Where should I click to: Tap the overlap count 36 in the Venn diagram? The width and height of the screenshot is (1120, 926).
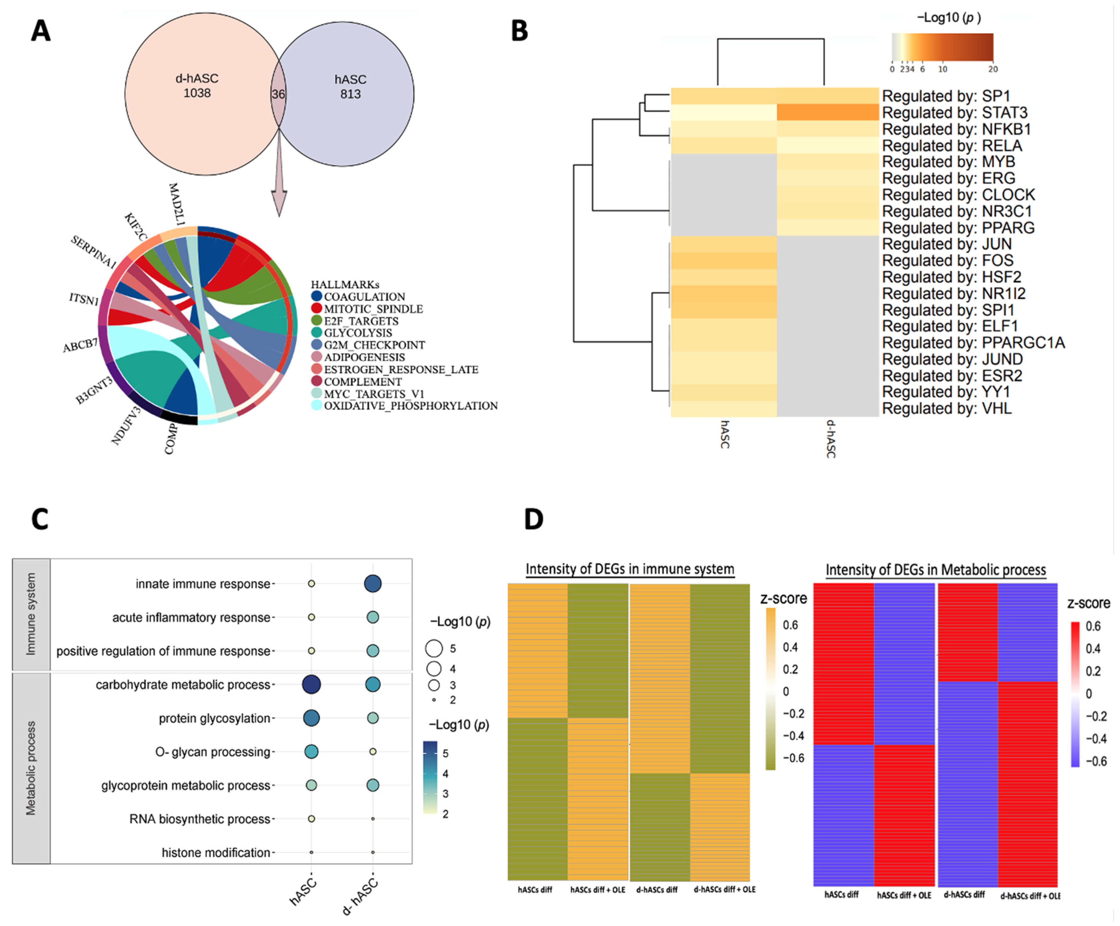coord(278,94)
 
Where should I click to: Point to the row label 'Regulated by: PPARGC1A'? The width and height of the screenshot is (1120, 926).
coord(973,342)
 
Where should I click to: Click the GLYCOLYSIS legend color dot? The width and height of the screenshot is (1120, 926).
coord(317,333)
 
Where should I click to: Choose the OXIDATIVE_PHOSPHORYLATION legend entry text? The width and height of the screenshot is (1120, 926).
coord(411,406)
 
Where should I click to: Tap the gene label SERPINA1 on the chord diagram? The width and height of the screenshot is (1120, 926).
coord(93,252)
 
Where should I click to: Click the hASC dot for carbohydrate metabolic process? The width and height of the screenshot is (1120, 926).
coord(312,684)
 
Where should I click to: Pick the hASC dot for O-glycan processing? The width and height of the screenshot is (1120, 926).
coord(312,751)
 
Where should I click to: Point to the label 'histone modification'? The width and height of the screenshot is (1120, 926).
coord(216,852)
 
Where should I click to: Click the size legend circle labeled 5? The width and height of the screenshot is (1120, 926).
coord(434,649)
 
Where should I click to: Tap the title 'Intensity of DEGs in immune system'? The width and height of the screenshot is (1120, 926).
coord(630,569)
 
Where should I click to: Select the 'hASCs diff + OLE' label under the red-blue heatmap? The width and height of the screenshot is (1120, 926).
coord(904,895)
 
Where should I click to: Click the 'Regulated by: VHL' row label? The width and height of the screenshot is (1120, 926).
coord(947,409)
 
